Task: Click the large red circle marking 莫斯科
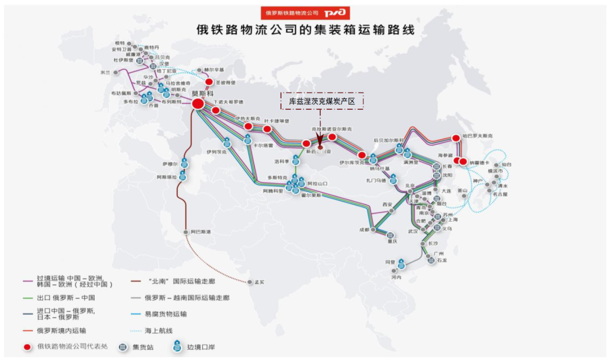click(x=198, y=104)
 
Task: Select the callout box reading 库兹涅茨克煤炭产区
click(x=323, y=101)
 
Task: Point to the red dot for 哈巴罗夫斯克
click(x=456, y=138)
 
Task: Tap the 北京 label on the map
click(x=409, y=185)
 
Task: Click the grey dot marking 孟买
click(x=249, y=282)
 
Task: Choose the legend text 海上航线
click(x=160, y=330)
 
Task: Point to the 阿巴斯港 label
click(x=200, y=232)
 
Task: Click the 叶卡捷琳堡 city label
click(x=278, y=121)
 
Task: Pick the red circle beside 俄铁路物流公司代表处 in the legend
click(x=26, y=347)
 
